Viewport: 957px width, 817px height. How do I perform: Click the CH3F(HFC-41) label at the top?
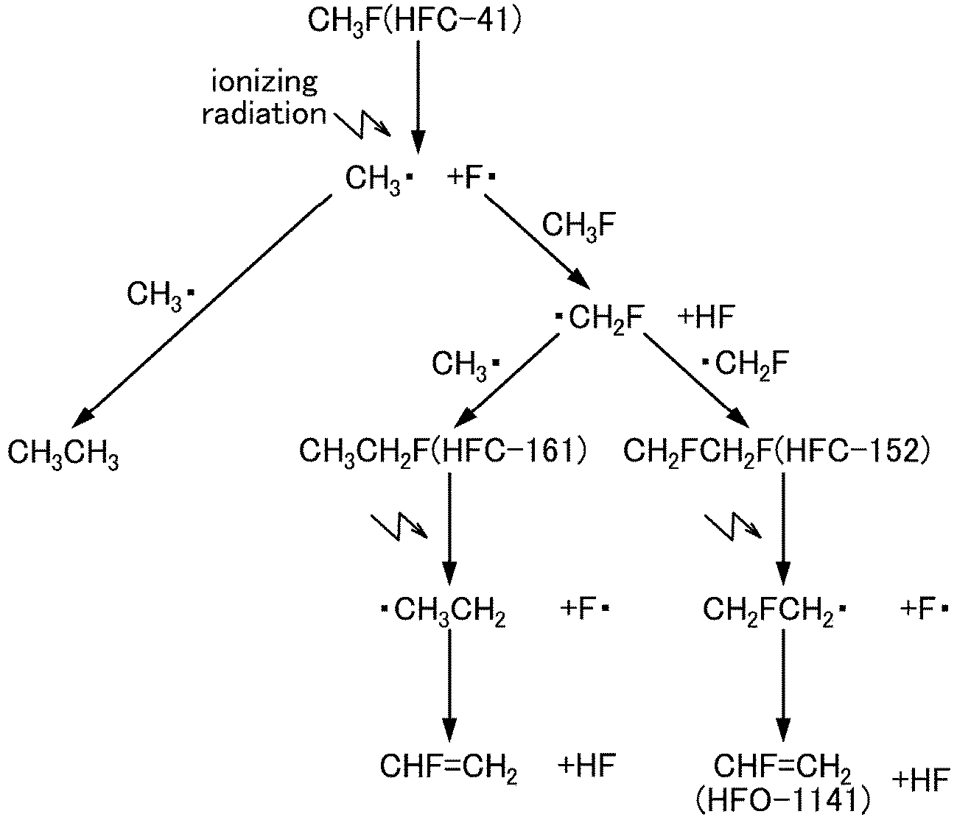click(414, 19)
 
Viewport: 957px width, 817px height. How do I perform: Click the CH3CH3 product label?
click(63, 454)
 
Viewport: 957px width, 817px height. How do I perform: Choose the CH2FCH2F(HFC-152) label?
click(774, 450)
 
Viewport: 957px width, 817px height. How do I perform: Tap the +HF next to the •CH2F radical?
click(706, 318)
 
